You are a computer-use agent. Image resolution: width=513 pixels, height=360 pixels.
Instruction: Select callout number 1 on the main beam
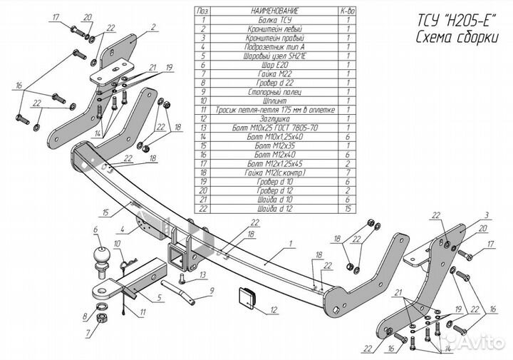click(291, 245)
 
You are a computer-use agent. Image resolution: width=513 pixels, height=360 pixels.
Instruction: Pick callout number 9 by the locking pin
click(212, 291)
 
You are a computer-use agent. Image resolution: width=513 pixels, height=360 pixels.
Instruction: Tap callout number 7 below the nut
click(88, 334)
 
